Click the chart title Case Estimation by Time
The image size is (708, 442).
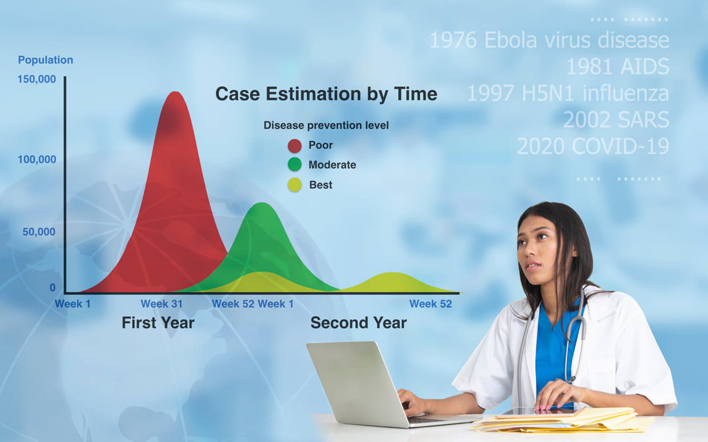point(326,94)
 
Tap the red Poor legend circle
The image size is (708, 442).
point(294,146)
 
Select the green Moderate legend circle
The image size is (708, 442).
point(294,165)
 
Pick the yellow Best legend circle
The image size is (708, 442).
point(294,185)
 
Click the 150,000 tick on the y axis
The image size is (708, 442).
point(37,79)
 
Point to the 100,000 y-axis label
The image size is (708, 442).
point(37,159)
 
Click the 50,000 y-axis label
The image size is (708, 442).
point(39,232)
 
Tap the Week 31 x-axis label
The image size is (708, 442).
point(161,304)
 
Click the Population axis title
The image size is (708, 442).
point(45,60)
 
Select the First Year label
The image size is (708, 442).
point(158,323)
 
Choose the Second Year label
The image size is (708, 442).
point(358,323)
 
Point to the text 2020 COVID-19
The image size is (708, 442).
point(592,146)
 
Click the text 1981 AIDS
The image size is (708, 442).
point(617,67)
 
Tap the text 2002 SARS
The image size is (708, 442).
point(615,120)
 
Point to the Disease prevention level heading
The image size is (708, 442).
point(326,125)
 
